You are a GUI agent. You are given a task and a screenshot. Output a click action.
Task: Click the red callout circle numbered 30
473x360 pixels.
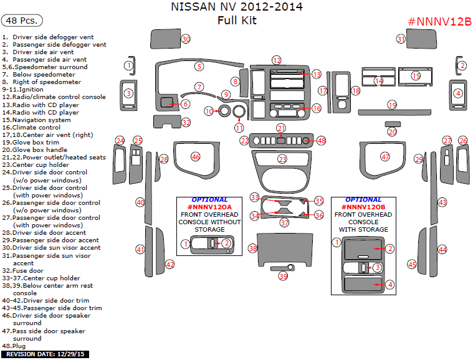(x=185, y=39)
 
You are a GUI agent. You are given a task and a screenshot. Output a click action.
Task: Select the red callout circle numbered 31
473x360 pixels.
(x=401, y=39)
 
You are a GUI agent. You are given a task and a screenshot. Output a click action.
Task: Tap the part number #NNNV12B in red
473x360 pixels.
(x=439, y=22)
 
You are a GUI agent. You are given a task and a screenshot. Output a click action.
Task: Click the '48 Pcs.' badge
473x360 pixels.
(x=22, y=21)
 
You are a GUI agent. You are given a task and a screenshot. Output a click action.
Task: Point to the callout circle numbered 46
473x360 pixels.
(x=196, y=157)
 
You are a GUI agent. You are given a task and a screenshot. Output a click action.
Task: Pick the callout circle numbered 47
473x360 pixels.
(x=385, y=157)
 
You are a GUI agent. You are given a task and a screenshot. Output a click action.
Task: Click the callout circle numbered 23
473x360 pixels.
(x=282, y=159)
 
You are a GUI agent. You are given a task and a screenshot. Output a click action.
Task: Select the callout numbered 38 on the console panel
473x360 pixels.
(x=253, y=249)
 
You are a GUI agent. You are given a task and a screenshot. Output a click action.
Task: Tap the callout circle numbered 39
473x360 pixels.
(x=284, y=276)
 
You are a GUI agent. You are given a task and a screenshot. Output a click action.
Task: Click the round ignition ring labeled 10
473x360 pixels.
(x=209, y=111)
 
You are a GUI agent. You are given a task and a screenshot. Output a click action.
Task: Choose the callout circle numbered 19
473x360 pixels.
(x=392, y=105)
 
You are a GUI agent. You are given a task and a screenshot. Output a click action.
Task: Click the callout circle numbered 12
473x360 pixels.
(x=277, y=60)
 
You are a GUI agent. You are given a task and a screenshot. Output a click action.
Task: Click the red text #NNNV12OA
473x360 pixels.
(x=209, y=207)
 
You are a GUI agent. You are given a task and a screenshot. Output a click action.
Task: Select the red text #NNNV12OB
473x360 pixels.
(x=363, y=207)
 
